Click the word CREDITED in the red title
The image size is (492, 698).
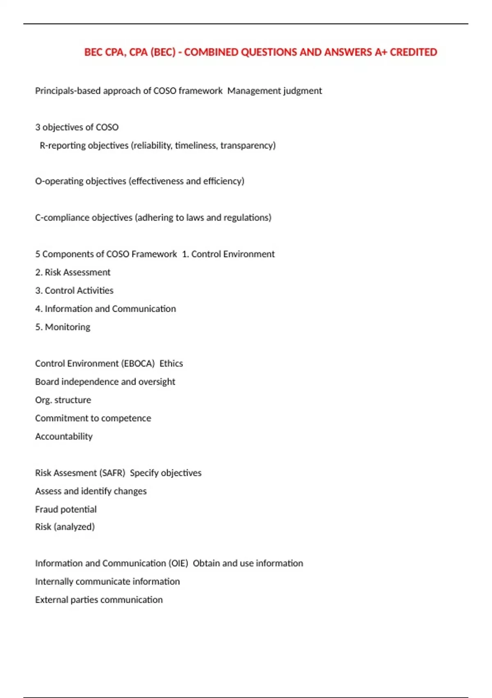coord(413,52)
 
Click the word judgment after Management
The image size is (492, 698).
coord(303,91)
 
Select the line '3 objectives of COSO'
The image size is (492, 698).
coord(77,127)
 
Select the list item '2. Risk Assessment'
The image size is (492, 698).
coord(73,272)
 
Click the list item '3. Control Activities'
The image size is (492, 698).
coord(74,291)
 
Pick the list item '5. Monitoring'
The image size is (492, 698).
coord(63,327)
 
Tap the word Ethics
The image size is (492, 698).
coord(171,363)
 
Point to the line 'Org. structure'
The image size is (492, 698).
coord(63,400)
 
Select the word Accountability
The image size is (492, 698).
coord(64,436)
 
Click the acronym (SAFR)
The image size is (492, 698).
coord(112,473)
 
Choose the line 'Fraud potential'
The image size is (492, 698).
coord(66,510)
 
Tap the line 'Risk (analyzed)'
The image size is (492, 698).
coord(65,527)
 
